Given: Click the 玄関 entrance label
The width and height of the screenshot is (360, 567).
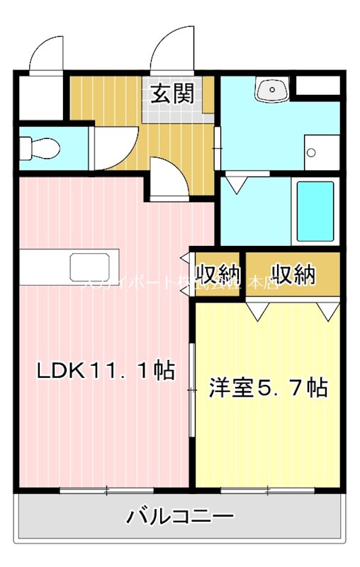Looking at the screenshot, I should [x=171, y=94].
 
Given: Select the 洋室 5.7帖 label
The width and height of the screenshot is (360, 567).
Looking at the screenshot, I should [x=267, y=388].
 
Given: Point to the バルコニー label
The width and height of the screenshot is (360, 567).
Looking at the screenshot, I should [x=180, y=516].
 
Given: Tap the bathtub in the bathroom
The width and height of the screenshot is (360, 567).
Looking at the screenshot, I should [x=314, y=212].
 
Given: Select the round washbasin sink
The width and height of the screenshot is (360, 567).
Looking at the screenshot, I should [x=272, y=90].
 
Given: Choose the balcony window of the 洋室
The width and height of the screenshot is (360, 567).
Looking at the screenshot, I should [x=267, y=490].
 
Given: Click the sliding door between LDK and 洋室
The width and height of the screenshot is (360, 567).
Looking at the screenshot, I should [x=191, y=390].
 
